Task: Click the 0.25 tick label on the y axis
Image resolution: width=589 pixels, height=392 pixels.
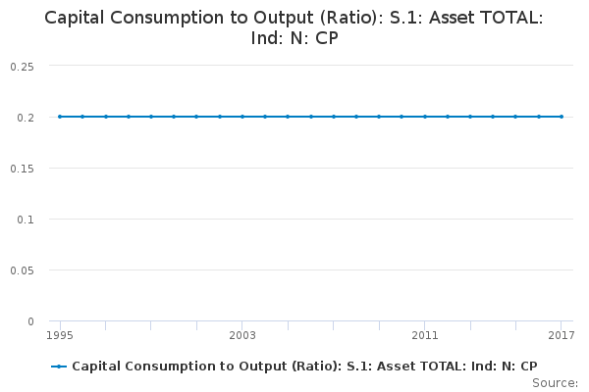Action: [x=22, y=66]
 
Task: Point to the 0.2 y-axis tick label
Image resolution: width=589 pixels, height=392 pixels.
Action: [x=26, y=117]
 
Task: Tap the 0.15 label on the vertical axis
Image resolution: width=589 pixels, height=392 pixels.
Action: [x=22, y=168]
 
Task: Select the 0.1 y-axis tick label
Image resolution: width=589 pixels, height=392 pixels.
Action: [x=26, y=219]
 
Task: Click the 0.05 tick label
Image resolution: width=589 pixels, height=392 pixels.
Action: [x=22, y=269]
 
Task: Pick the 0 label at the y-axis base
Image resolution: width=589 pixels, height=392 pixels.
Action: [x=30, y=320]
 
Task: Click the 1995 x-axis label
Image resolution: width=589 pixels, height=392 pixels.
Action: [x=60, y=336]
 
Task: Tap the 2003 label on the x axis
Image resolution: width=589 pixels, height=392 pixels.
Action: [x=242, y=336]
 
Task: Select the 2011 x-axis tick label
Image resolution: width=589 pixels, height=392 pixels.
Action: [x=424, y=336]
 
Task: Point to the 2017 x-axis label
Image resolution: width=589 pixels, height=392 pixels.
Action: [x=561, y=336]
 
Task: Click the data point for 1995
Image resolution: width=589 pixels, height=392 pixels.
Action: [x=60, y=117]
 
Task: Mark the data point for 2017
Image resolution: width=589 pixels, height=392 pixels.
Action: [x=561, y=117]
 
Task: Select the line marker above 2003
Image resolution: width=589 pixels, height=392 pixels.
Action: [x=242, y=117]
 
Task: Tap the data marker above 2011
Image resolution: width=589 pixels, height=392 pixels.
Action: [x=424, y=117]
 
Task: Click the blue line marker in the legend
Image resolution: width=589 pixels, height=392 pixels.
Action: [x=60, y=367]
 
